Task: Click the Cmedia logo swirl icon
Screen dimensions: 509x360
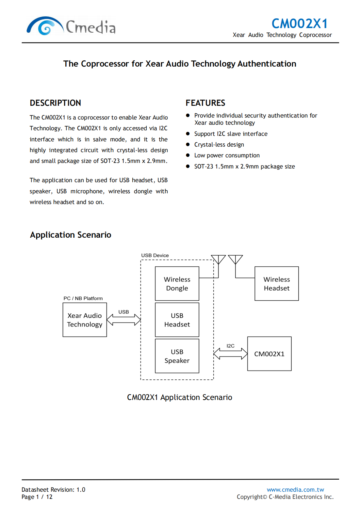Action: pos(45,26)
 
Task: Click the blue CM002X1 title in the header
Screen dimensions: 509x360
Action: pos(299,24)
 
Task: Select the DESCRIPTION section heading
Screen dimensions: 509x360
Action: pos(55,103)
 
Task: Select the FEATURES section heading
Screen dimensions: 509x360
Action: pos(205,103)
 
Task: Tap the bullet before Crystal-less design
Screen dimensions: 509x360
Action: pos(188,144)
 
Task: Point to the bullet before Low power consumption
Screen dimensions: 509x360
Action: pos(188,155)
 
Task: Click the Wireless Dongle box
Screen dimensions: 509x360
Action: pos(177,283)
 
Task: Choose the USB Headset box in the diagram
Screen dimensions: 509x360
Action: pos(177,320)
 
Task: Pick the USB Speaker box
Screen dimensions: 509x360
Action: pos(177,356)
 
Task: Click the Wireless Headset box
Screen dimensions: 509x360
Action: pos(276,283)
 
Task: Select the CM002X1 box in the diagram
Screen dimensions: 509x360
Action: pos(269,354)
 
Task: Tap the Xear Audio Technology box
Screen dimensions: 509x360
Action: pos(85,320)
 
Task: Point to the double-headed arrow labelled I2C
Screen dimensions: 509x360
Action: pos(230,354)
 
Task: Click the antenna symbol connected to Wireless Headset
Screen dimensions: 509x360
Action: pos(235,260)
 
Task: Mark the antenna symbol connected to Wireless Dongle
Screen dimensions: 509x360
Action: pos(218,260)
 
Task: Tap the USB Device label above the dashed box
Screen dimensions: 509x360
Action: pos(155,255)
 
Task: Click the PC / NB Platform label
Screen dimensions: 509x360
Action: pos(83,298)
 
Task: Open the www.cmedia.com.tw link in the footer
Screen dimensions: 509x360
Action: pos(295,489)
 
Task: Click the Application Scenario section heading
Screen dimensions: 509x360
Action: pos(71,235)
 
